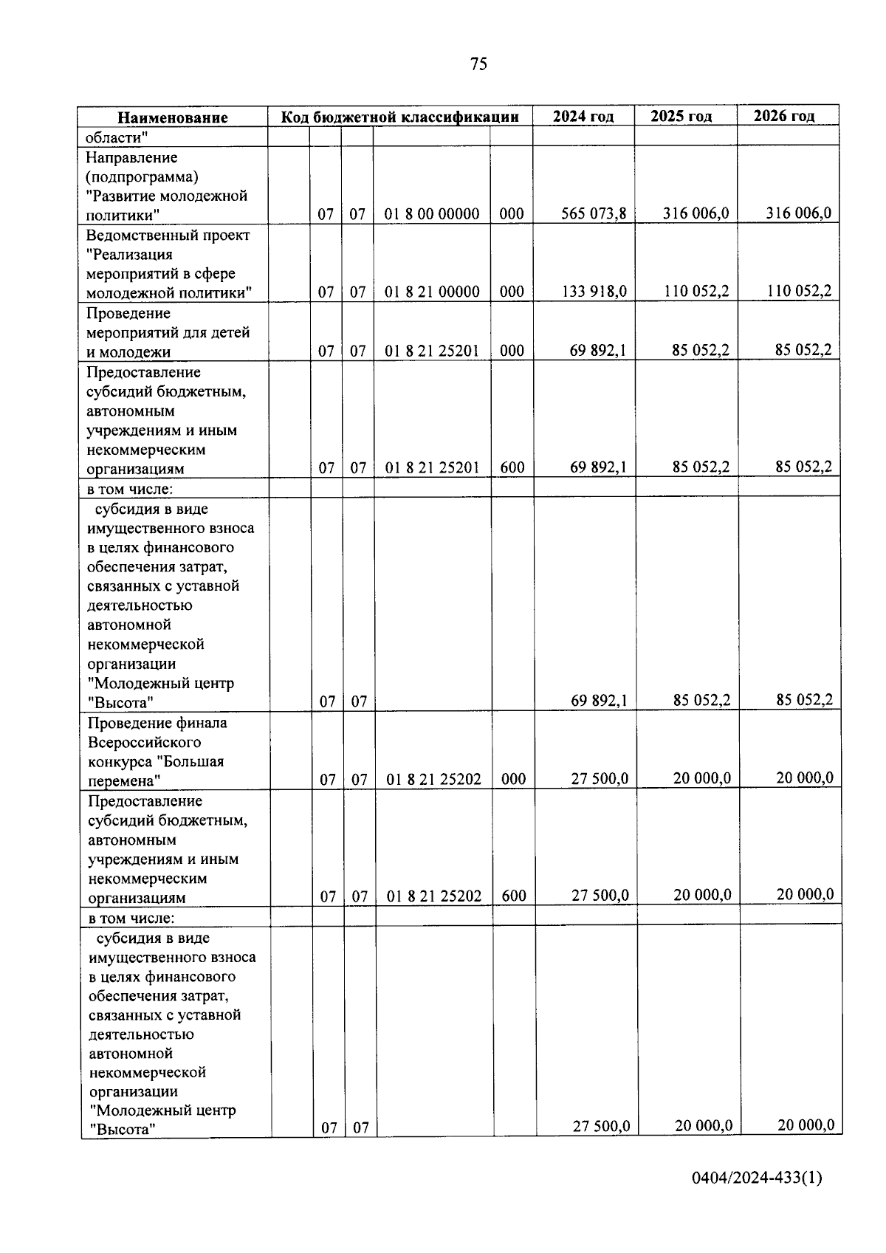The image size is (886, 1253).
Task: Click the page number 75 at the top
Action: click(x=478, y=64)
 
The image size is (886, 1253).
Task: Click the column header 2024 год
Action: click(x=583, y=117)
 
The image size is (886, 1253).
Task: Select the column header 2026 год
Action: click(x=784, y=116)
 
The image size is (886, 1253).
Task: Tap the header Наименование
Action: click(x=173, y=117)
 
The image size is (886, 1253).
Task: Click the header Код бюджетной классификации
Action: click(x=399, y=117)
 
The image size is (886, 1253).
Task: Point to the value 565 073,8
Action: click(x=594, y=214)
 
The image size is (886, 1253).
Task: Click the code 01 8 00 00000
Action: click(x=432, y=215)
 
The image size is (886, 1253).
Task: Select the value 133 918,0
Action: click(x=594, y=292)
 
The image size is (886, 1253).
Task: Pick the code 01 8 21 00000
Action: click(x=432, y=292)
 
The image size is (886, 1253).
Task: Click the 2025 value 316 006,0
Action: click(x=696, y=213)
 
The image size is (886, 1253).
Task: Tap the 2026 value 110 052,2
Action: click(x=799, y=291)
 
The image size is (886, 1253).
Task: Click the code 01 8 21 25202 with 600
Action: click(x=434, y=896)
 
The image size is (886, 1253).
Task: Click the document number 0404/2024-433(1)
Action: click(x=757, y=1178)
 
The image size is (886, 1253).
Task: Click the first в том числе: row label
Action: click(x=129, y=489)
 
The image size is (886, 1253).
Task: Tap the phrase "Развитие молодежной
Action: click(x=167, y=196)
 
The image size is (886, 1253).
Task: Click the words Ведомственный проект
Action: click(x=168, y=235)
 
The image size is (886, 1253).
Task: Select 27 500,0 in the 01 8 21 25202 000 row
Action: click(x=600, y=778)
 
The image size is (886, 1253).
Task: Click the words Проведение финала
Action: click(x=157, y=723)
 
